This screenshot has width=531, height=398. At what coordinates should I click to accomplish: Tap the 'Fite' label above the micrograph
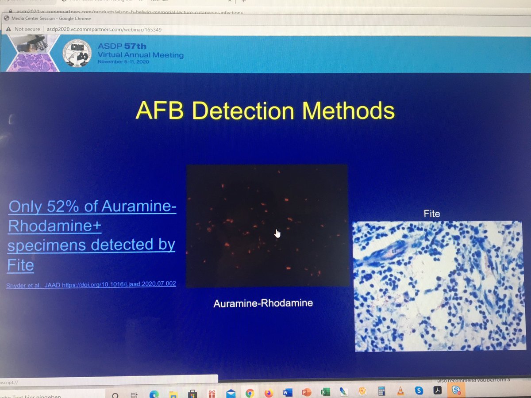[431, 214]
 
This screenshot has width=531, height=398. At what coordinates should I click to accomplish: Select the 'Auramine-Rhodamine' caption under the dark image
[263, 303]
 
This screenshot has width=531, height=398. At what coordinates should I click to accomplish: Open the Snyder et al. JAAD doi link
[91, 284]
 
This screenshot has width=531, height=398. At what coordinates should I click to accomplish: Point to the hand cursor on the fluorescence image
[277, 233]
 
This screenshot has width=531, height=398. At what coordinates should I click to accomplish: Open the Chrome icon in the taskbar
[250, 392]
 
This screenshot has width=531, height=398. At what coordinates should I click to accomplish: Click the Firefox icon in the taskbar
[269, 392]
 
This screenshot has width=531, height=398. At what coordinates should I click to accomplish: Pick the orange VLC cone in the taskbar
[400, 391]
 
